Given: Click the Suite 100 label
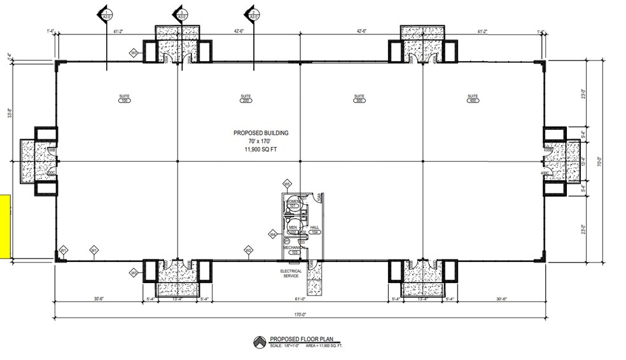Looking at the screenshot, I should click(124, 99).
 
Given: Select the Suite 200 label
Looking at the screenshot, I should click(246, 99).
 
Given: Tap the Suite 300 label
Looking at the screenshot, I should click(359, 99).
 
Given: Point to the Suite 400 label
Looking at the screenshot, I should click(473, 99).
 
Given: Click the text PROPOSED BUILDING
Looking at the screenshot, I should click(261, 133).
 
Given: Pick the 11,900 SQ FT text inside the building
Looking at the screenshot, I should click(261, 149).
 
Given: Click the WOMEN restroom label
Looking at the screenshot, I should click(293, 202).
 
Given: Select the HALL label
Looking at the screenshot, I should click(314, 227).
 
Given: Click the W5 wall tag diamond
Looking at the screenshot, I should click(288, 184).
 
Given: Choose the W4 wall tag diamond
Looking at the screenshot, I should click(272, 234).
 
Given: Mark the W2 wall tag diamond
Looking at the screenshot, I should click(249, 251).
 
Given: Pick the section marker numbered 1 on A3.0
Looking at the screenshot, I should click(103, 13).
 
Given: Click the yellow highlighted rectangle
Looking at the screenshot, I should click(4, 226).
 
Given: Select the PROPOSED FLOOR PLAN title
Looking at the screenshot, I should click(300, 339).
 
